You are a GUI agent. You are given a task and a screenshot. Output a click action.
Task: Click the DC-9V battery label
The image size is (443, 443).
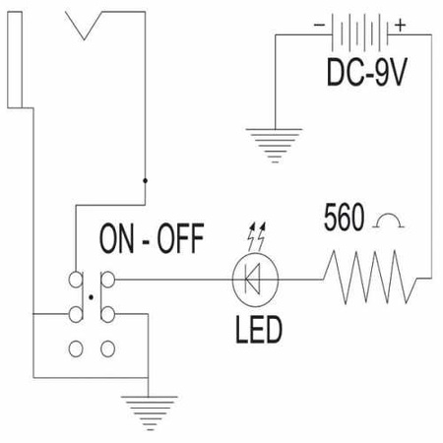click(367, 72)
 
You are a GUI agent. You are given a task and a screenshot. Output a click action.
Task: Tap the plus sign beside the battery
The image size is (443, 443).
click(400, 25)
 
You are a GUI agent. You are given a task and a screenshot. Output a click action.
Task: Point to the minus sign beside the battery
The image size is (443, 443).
click(319, 25)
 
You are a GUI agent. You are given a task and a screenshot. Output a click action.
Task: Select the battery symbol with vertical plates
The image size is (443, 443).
click(359, 32)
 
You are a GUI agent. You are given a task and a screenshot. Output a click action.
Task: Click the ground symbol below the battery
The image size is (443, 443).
click(275, 146)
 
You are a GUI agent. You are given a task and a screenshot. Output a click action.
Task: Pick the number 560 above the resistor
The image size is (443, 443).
click(344, 217)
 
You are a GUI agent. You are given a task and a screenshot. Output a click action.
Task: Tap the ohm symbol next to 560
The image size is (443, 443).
click(389, 221)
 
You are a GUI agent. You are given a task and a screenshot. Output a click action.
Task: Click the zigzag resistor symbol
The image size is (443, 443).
click(370, 278)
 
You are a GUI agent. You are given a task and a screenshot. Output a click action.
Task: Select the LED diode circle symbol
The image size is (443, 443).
click(255, 280)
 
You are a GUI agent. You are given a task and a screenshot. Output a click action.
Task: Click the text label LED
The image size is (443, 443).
click(259, 330)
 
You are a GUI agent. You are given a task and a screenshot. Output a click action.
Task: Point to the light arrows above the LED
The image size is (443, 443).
click(257, 237)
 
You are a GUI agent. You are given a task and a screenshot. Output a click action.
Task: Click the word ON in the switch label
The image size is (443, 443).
click(116, 238)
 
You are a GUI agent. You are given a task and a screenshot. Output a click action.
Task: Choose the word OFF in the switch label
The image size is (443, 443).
click(180, 238)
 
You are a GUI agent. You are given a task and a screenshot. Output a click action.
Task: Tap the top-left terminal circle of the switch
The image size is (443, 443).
click(76, 280)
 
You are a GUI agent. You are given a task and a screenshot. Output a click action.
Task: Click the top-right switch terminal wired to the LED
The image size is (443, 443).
click(107, 280)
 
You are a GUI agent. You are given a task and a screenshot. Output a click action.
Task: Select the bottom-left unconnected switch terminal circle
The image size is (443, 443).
click(76, 348)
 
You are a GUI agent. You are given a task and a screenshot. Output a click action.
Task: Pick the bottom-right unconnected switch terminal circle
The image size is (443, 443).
click(107, 348)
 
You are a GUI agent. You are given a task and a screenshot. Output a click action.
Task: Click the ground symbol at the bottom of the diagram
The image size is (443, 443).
click(150, 413)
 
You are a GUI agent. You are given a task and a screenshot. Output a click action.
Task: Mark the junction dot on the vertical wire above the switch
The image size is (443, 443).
click(145, 180)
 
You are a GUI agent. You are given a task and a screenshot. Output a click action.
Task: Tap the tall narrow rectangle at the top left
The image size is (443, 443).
click(15, 60)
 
